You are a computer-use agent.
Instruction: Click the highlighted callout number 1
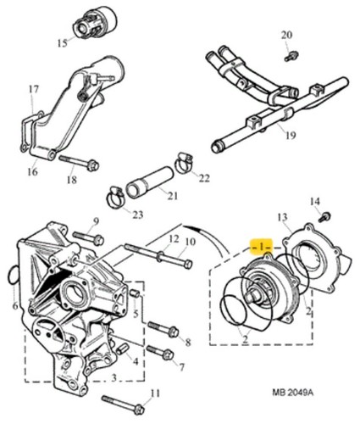click(261, 247)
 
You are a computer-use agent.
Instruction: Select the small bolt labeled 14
click(325, 217)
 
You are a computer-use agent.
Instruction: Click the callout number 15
click(63, 43)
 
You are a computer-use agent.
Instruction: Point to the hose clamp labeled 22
click(184, 164)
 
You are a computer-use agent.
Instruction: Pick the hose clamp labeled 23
click(115, 196)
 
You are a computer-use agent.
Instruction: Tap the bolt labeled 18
click(79, 162)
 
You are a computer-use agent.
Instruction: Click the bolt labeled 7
click(160, 352)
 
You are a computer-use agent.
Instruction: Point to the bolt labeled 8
click(163, 329)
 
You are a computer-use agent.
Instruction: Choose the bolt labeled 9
click(88, 238)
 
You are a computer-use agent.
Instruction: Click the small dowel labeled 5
click(136, 294)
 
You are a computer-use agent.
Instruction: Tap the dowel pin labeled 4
click(123, 349)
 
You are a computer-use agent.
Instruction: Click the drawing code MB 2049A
click(293, 392)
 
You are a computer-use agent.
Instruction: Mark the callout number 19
click(291, 136)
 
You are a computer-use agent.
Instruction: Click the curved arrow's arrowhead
click(189, 228)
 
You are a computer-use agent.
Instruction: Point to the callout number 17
click(33, 90)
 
